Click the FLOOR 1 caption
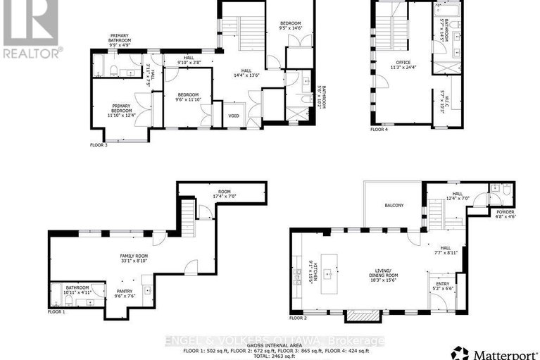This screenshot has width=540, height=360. pos(56,311)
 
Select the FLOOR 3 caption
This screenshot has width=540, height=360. pos(98,144)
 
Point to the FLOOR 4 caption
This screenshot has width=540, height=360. pos(379,129)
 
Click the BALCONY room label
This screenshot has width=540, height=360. pos(394,205)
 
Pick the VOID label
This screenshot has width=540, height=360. pos(234,114)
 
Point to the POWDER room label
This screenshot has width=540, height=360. pos(506,212)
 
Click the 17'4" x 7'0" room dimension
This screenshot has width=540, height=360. pos(224,195)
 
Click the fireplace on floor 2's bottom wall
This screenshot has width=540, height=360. pos(363,315)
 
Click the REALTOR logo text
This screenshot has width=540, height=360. pos(32,52)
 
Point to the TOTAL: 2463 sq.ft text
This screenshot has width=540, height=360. pos(270,356)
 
